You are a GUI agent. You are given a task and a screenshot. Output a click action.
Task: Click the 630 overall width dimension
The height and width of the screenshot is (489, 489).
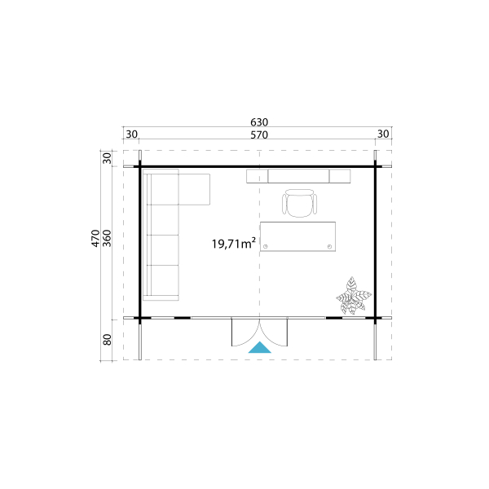[x=259, y=122]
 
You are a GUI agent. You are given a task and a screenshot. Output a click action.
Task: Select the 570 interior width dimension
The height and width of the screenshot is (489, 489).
[x=259, y=135]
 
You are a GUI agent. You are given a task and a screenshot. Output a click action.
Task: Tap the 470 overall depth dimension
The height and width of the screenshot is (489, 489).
[x=95, y=238]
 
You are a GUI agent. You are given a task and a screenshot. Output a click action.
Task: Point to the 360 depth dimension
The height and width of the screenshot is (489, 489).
[x=107, y=238]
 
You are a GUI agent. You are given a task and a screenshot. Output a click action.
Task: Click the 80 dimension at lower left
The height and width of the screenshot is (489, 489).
[x=107, y=340]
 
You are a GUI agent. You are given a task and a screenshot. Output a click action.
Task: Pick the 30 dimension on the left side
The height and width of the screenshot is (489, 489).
[x=107, y=158]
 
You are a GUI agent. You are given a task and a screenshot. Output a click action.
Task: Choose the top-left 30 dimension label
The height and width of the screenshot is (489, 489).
[x=131, y=134]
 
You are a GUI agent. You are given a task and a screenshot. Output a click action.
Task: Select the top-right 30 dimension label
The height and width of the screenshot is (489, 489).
[x=383, y=134]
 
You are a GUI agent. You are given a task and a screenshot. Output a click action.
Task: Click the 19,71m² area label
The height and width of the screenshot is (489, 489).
[x=234, y=243]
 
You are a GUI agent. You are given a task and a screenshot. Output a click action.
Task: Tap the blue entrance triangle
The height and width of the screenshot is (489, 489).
[x=259, y=348]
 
